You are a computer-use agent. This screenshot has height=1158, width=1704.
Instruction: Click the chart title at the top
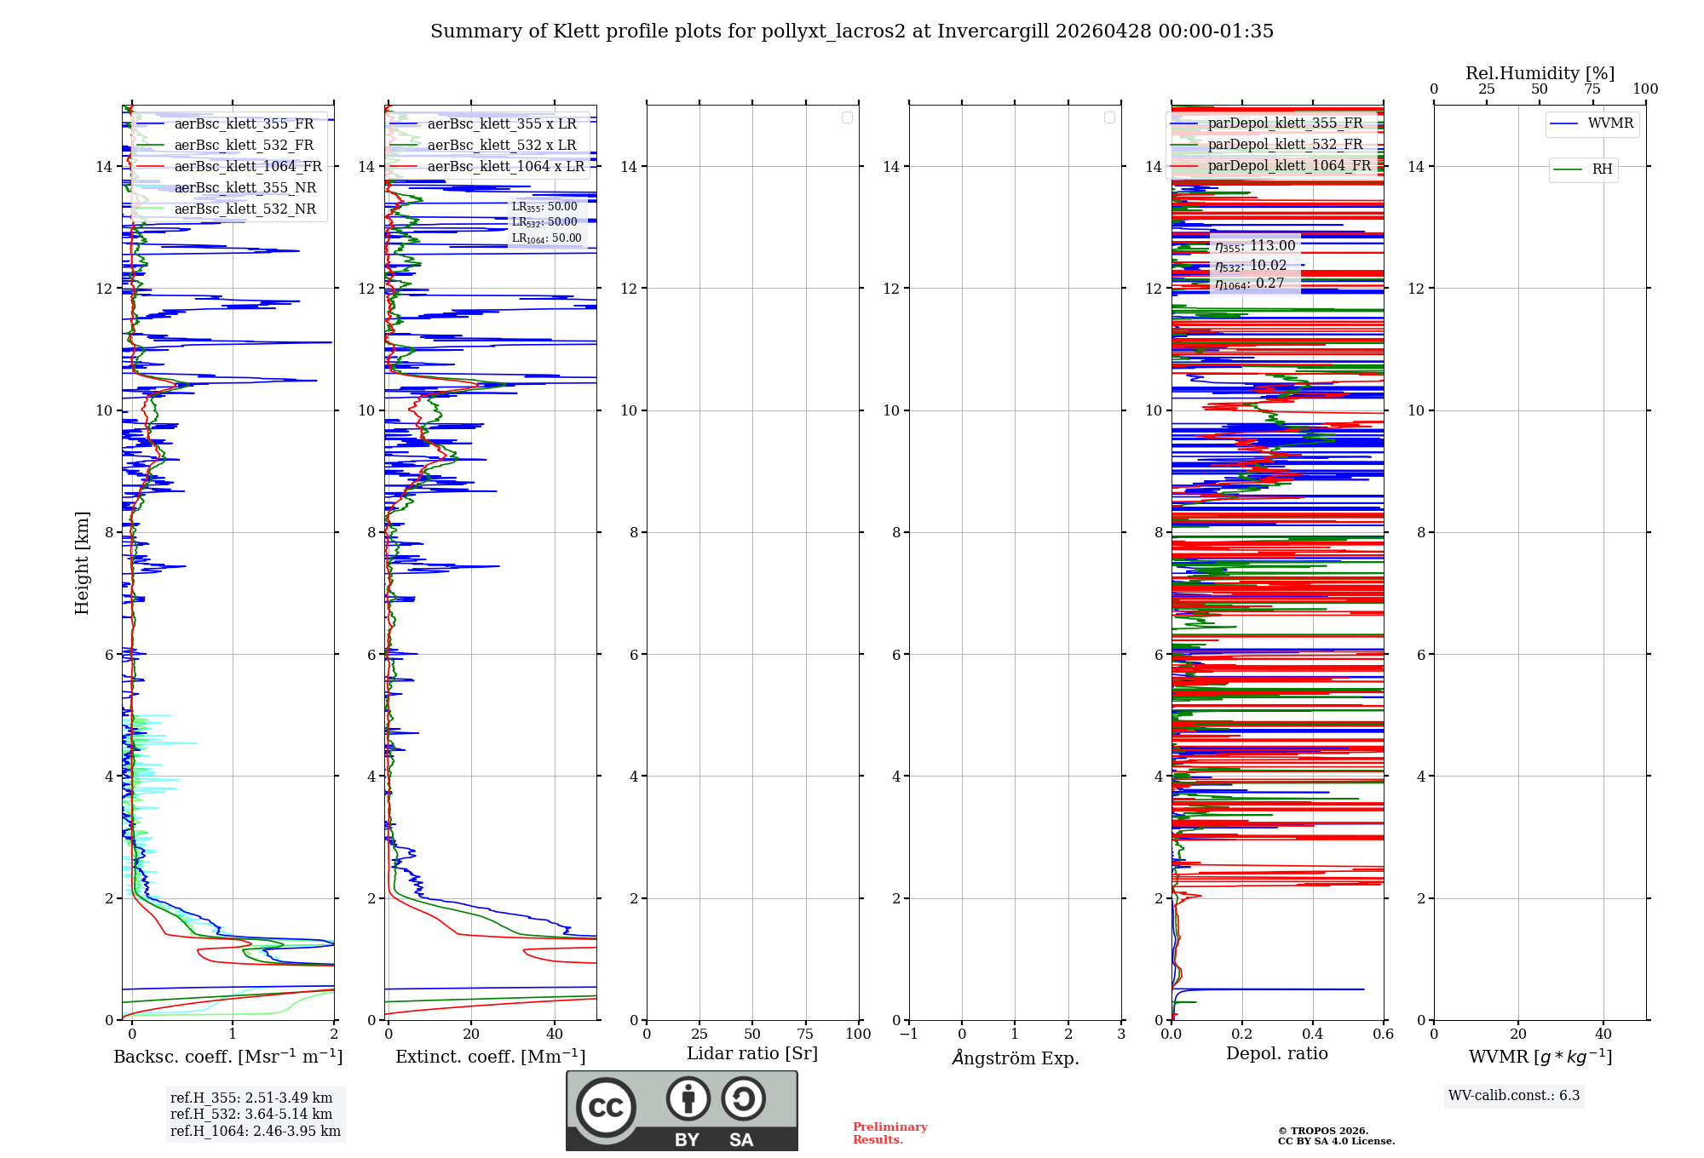coord(851,32)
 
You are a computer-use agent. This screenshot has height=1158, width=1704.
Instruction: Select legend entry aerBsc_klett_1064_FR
coord(247,167)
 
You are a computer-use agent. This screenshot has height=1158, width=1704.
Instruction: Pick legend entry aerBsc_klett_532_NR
coord(245,209)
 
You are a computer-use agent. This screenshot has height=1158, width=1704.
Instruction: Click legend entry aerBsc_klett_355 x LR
coord(501,124)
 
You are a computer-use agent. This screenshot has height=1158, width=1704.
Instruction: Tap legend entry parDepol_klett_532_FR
coord(1285,145)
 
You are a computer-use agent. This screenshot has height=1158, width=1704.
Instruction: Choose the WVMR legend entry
coord(1609,123)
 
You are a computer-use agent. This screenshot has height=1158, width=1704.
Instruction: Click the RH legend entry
coord(1601,169)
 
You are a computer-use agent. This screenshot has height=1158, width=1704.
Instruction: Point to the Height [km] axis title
coord(82,563)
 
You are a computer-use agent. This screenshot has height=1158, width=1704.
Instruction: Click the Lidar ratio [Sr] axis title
coord(752,1054)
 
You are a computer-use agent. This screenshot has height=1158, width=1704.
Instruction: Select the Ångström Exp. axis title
coord(1015,1058)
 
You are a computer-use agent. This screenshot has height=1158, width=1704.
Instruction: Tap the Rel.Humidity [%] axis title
coord(1540,73)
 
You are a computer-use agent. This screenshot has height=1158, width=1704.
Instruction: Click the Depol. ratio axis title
coord(1276,1054)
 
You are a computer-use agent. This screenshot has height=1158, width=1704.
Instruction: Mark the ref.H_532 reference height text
coord(251,1115)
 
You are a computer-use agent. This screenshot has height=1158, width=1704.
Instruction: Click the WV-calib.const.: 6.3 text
coord(1514,1096)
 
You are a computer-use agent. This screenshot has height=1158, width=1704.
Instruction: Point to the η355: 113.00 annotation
coord(1255,246)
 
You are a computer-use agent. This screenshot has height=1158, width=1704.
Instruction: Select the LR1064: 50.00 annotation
coord(546,238)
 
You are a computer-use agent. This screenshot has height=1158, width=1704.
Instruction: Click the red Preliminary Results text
coord(889,1133)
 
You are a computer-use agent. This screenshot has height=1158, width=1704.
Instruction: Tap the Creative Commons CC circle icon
coord(606,1108)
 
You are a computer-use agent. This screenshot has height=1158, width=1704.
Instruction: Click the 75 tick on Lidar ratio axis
coord(805,1034)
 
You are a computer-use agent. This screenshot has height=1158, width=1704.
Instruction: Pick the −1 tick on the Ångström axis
coord(909,1034)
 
